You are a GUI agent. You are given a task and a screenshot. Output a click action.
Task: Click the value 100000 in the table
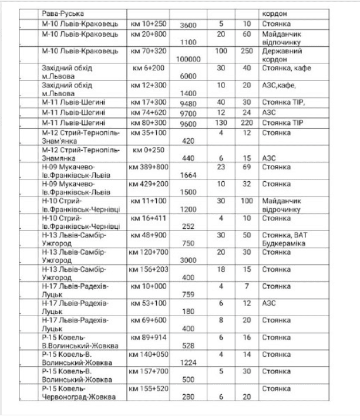coord(188,59)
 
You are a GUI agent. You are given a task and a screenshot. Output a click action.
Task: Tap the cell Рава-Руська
coord(63,13)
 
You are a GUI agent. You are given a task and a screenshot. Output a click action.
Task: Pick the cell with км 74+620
coord(148,112)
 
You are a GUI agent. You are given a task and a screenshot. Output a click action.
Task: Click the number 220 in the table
coord(247,123)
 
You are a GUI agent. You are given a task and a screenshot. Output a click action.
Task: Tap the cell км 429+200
coord(149,184)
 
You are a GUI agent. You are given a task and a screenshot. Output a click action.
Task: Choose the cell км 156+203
coord(149,269)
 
